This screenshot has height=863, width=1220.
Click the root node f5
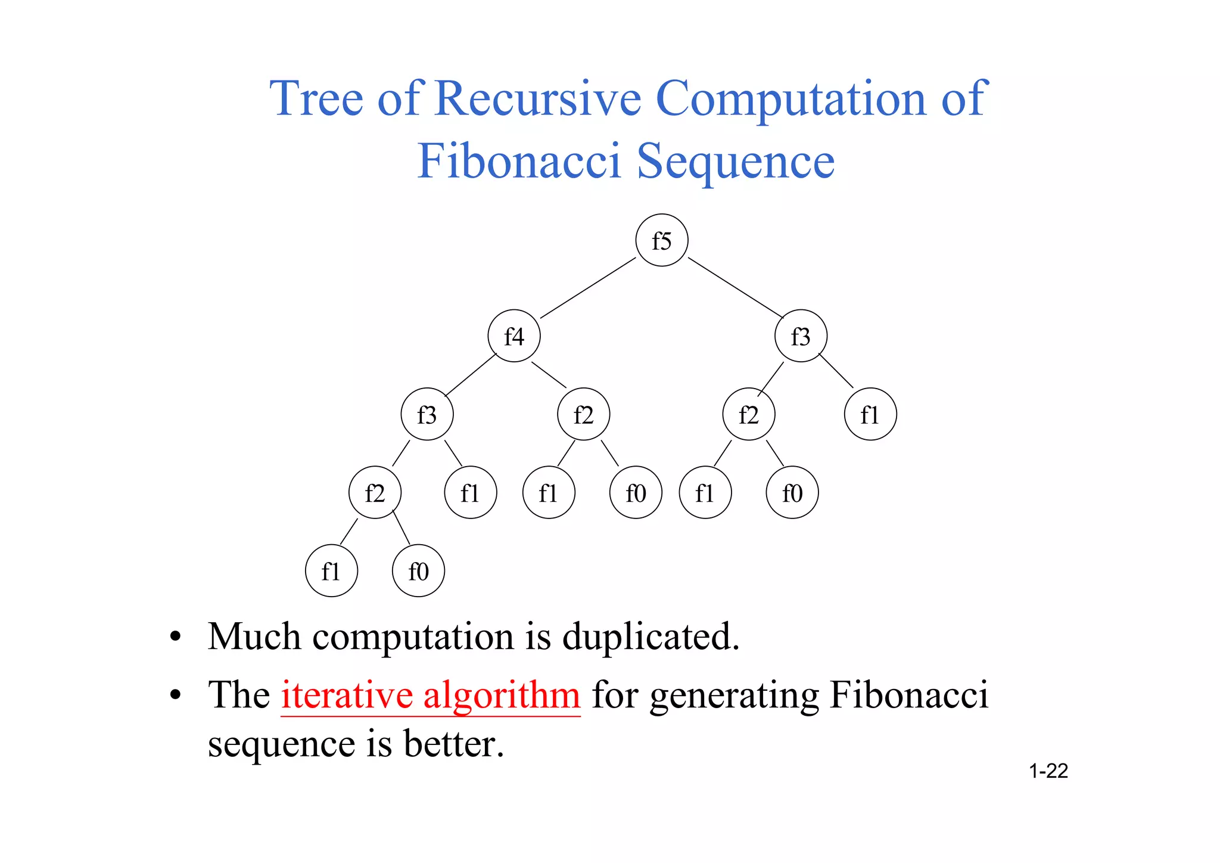click(662, 240)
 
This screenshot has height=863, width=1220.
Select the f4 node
click(514, 336)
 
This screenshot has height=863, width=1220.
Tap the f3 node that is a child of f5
click(801, 336)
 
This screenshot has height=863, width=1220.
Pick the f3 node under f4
click(427, 414)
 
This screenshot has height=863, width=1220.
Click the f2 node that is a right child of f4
click(584, 414)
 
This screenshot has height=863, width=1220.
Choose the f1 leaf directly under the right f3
click(870, 414)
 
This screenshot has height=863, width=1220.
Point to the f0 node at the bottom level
click(418, 571)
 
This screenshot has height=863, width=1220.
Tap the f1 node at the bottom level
click(331, 571)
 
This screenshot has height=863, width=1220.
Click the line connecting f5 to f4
click(588, 288)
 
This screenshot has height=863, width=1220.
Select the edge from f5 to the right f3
click(736, 288)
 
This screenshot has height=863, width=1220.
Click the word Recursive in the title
click(538, 98)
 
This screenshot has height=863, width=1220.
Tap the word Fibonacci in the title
click(518, 161)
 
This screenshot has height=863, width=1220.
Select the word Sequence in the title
click(736, 161)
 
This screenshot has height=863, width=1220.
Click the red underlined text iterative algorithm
click(430, 695)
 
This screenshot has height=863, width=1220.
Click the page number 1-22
click(1048, 771)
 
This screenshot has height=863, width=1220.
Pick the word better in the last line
click(454, 744)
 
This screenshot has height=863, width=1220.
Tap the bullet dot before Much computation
click(175, 638)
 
